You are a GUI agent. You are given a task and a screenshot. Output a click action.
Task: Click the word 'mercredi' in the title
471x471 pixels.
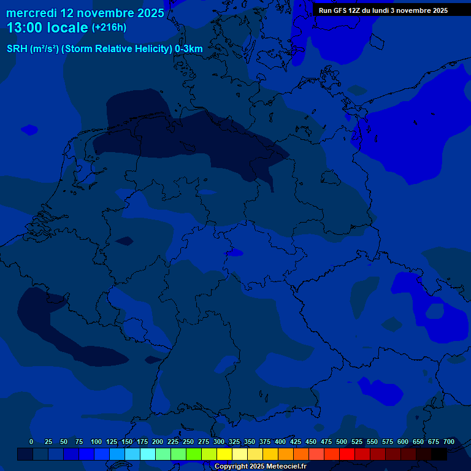click(32, 13)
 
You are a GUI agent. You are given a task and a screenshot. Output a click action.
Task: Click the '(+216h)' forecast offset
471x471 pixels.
click(109, 28)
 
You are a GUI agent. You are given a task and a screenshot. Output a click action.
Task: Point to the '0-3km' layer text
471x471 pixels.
click(189, 49)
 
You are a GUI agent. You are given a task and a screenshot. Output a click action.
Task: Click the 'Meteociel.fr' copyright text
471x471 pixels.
click(282, 467)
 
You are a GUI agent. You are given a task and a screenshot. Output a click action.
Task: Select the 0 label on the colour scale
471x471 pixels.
click(31, 442)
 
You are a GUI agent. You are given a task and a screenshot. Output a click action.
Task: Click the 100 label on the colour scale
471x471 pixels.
click(96, 442)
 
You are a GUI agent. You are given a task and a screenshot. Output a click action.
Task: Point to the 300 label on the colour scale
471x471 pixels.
click(219, 442)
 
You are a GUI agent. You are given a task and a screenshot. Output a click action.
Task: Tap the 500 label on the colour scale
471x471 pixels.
click(342, 442)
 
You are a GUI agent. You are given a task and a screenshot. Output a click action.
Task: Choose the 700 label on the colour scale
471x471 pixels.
click(449, 442)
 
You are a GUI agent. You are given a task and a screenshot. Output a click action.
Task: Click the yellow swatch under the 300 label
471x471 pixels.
click(224, 454)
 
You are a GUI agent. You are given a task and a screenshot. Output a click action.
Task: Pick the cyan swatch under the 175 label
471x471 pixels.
click(147, 454)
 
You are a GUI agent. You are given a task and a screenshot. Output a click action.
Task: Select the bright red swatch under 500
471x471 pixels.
click(347, 454)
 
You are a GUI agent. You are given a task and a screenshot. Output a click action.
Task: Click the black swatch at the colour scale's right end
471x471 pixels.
click(438, 454)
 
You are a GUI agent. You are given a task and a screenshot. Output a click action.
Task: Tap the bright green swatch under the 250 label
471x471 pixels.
click(193, 454)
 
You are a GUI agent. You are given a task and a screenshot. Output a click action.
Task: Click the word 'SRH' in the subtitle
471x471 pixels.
click(17, 49)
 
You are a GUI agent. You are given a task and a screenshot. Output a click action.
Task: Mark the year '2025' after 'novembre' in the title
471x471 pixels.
click(150, 13)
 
